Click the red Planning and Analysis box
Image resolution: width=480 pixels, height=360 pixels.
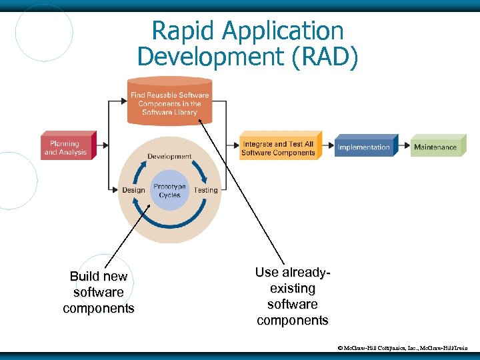click(x=66, y=147)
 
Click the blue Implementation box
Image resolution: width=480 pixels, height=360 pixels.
click(x=363, y=147)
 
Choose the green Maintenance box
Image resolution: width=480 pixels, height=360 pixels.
click(x=435, y=147)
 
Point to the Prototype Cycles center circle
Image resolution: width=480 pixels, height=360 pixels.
click(x=169, y=191)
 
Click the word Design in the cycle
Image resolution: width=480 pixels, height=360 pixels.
click(x=133, y=190)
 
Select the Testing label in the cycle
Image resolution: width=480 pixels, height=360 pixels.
click(x=205, y=190)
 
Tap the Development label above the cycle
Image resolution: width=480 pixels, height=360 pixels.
click(x=169, y=157)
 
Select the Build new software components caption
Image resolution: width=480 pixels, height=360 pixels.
click(x=99, y=292)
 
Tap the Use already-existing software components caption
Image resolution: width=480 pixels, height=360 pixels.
click(x=292, y=297)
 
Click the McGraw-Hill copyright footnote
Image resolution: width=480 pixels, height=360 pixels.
click(x=403, y=348)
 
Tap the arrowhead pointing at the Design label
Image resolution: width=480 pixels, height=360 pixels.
click(x=117, y=190)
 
